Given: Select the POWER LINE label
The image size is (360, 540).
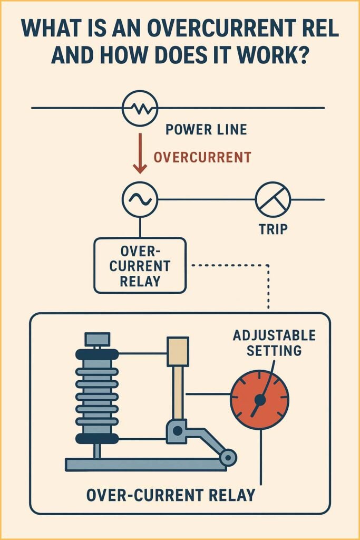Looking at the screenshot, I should [x=206, y=129].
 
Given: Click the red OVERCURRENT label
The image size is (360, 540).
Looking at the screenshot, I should [x=202, y=157].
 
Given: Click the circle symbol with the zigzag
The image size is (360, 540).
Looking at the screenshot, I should [x=140, y=108].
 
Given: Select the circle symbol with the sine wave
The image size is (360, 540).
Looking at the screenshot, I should [x=140, y=200].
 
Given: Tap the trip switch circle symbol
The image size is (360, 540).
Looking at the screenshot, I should [x=273, y=200].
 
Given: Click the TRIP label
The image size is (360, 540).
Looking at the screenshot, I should [x=273, y=230].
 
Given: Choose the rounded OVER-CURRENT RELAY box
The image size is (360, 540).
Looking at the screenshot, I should [x=140, y=265].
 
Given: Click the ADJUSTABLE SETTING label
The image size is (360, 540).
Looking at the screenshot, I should [x=274, y=343].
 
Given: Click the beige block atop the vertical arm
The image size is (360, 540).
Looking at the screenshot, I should [x=178, y=352].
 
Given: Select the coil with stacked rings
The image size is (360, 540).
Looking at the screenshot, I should [x=97, y=396].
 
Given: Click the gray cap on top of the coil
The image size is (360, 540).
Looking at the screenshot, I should [x=97, y=339].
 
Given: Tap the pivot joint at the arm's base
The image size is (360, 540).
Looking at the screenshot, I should [x=178, y=431].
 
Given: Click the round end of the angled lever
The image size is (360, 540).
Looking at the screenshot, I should [x=228, y=457].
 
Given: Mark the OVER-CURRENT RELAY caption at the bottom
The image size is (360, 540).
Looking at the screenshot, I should [x=170, y=495].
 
